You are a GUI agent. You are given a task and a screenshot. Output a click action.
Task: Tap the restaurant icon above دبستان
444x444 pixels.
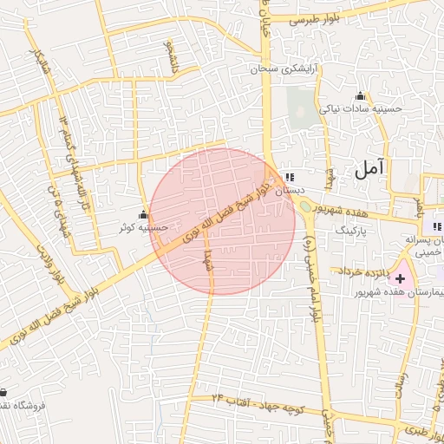pyautogui.click(x=289, y=177)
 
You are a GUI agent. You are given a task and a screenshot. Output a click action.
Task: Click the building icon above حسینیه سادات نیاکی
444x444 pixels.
pyautogui.click(x=360, y=95)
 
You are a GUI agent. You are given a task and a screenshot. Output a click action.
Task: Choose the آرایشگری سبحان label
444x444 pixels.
pyautogui.click(x=281, y=67)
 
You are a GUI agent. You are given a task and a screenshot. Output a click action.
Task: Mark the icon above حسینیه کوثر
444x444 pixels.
pyautogui.click(x=143, y=214)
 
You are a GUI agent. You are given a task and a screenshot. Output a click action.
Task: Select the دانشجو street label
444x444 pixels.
pyautogui.click(x=171, y=56)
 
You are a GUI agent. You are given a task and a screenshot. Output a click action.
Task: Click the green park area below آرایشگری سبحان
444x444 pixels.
pyautogui.click(x=303, y=113)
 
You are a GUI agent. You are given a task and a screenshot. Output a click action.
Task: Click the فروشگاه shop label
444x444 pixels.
pyautogui.click(x=26, y=405)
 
